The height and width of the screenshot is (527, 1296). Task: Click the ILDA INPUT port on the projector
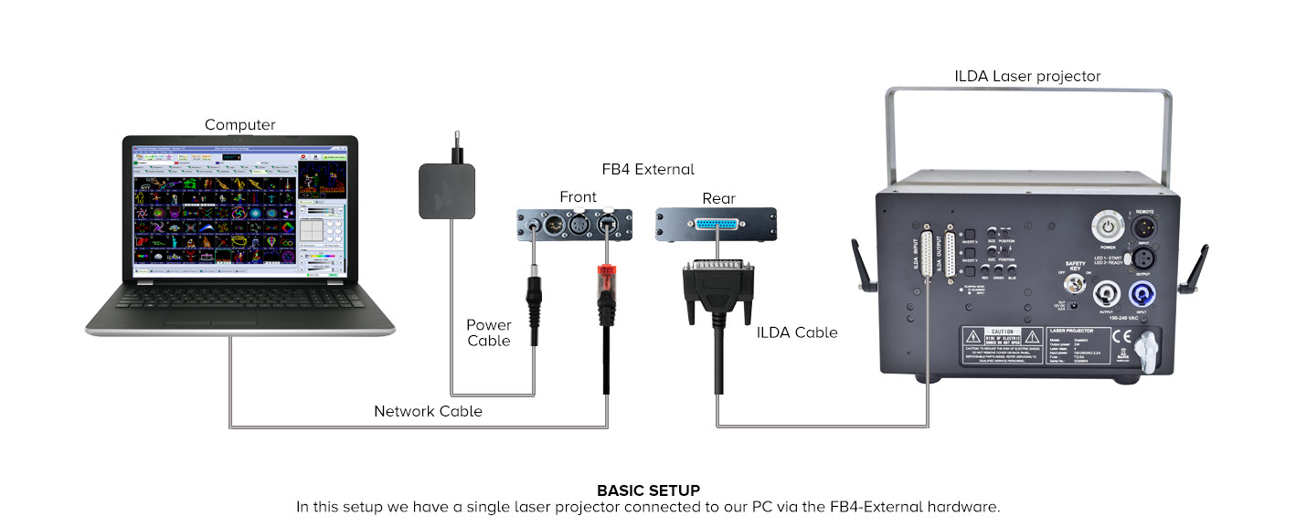(x=928, y=251)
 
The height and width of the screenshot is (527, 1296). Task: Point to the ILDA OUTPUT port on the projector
(x=951, y=251)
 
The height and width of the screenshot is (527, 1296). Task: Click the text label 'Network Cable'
(x=428, y=412)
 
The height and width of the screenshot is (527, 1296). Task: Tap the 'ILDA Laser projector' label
(x=1027, y=76)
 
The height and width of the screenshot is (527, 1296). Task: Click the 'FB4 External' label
(x=648, y=169)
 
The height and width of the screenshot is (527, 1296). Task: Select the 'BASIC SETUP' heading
(x=648, y=490)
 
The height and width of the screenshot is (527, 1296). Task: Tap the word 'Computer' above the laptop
(x=239, y=124)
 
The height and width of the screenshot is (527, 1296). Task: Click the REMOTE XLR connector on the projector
(x=1143, y=226)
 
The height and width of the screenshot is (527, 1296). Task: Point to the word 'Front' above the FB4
(x=578, y=197)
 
